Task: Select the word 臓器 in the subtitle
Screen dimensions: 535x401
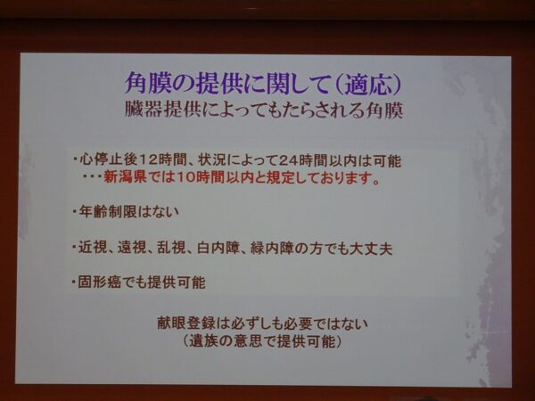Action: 144,110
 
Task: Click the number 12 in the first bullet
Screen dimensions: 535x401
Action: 147,160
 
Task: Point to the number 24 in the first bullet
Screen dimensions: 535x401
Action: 287,160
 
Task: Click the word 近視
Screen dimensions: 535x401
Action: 93,248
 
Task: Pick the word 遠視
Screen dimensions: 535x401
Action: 132,248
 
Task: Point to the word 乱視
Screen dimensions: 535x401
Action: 171,248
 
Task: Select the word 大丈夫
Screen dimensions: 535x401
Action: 371,249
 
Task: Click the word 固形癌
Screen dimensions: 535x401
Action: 99,282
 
